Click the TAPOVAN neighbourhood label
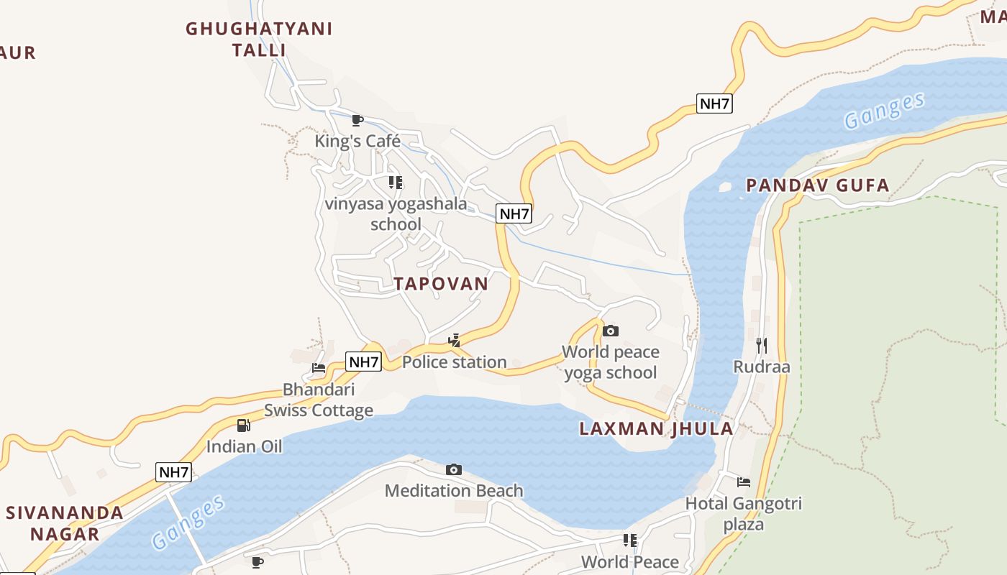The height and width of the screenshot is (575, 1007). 441,283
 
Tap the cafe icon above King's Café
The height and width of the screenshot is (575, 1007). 357,120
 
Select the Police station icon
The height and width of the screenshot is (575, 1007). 454,341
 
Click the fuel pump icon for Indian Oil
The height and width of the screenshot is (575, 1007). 244,425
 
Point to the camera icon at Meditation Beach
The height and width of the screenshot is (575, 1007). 453,469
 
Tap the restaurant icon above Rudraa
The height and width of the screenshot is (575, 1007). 762,346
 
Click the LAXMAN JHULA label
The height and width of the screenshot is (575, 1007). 656,429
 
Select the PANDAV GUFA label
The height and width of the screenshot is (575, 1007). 817,185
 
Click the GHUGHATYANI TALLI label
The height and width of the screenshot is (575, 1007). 259,40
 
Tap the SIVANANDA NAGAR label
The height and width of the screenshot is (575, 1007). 65,523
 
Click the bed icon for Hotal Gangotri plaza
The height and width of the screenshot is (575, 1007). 743,482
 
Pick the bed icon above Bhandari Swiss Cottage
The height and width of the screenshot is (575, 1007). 319,368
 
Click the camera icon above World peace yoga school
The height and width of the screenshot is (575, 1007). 610,331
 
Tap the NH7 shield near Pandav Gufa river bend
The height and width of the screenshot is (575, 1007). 714,103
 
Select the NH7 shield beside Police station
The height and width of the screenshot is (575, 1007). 363,362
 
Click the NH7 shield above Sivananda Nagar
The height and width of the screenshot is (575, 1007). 173,472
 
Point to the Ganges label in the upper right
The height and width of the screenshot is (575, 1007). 884,111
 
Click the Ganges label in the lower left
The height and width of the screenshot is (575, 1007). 188,523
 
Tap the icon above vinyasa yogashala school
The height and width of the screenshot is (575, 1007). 395,183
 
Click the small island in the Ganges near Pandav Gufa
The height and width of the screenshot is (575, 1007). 725,187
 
